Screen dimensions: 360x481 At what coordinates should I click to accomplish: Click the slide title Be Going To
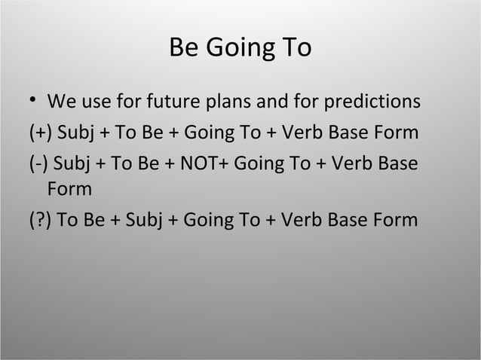point(240,48)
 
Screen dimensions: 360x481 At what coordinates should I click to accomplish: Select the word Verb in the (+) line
point(302,134)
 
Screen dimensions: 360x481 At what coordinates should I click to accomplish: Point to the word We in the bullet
point(60,101)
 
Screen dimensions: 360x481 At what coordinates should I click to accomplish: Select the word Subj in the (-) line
point(71,163)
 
